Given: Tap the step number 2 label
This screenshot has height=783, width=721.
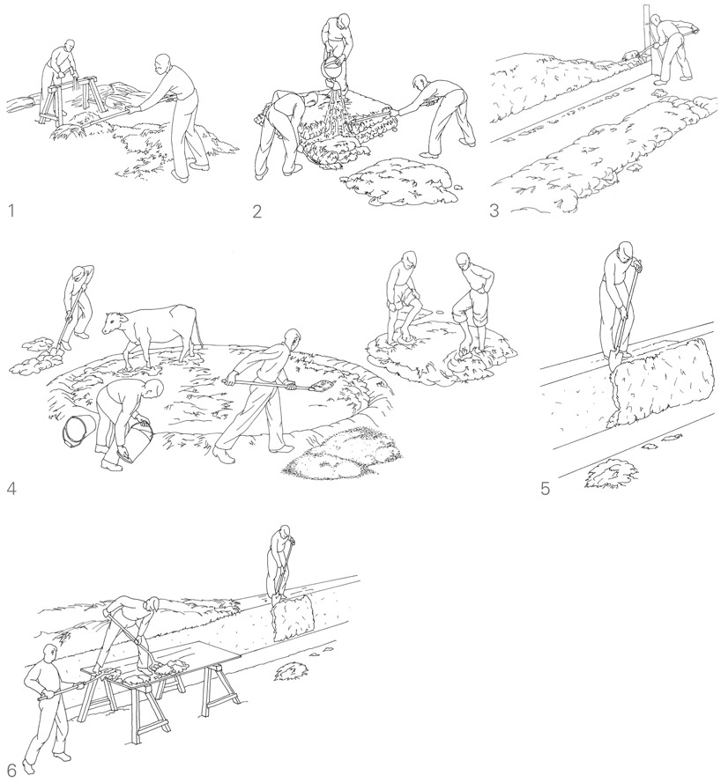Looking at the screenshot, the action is click(x=256, y=211).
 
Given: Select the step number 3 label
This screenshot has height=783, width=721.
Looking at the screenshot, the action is click(x=494, y=211).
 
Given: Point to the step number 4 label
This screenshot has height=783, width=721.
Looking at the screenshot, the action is click(x=11, y=488).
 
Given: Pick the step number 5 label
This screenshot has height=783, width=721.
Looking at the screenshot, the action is click(x=545, y=489).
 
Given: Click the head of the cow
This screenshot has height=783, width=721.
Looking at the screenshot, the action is click(x=113, y=322).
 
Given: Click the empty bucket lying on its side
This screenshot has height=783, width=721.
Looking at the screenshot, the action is click(x=79, y=431).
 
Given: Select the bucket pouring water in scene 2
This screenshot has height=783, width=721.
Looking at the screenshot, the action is click(x=333, y=70).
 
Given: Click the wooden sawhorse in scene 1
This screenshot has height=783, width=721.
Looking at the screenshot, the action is click(x=71, y=102).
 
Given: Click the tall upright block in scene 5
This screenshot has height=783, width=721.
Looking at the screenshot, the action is click(x=661, y=381).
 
